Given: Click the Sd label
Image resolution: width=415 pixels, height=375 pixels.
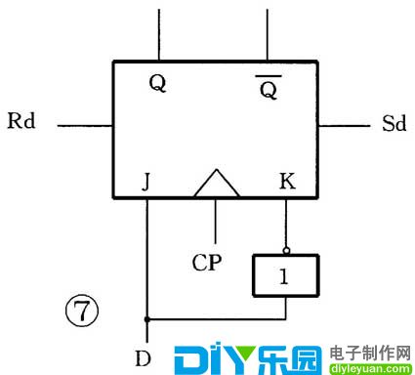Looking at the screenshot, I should [x=393, y=125].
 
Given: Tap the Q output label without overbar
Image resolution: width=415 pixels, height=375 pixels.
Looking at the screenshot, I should [x=156, y=84].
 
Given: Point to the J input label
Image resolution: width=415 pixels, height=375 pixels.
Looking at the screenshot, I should [x=146, y=181].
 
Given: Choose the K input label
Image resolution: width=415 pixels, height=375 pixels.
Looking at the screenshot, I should [x=286, y=181].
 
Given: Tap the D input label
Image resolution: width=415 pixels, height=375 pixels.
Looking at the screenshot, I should [x=144, y=357].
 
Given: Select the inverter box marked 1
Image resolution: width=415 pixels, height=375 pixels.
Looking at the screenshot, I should [x=285, y=276].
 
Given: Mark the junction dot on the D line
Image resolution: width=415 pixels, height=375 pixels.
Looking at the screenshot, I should [x=146, y=318].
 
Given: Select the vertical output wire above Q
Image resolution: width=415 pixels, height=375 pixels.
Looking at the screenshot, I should [x=158, y=33].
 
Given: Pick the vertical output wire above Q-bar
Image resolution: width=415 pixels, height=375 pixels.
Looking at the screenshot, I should [x=269, y=33].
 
